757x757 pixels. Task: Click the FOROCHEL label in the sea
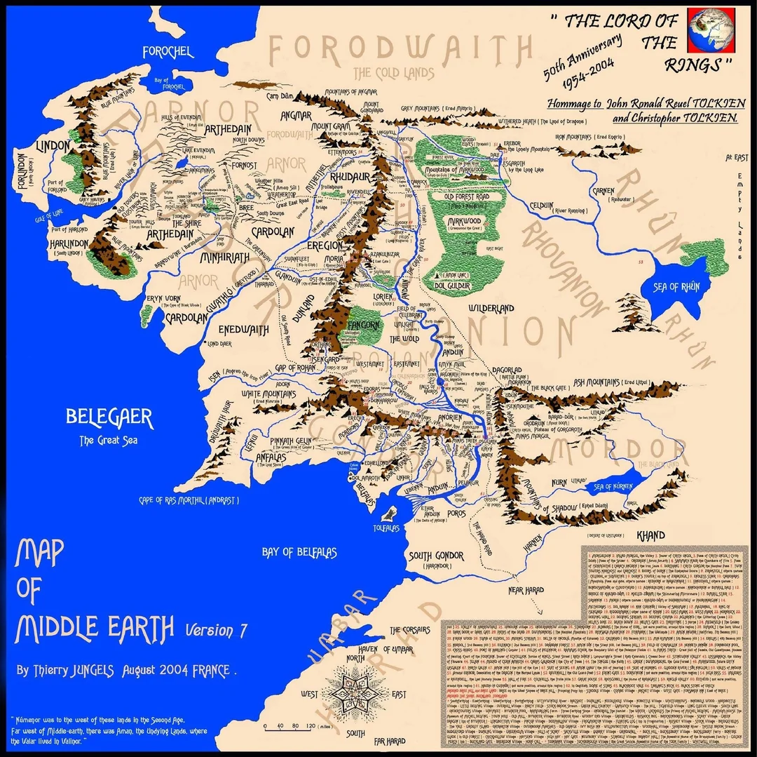(x=169, y=52)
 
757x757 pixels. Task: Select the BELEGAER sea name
(x=109, y=418)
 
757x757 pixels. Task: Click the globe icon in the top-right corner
(x=711, y=30)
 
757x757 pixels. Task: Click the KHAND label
(x=651, y=535)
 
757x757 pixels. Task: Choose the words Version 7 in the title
(x=216, y=629)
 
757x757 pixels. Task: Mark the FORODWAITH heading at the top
(x=397, y=51)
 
